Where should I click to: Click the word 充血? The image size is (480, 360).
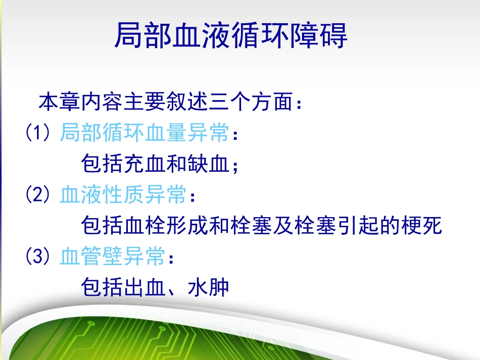point(145,164)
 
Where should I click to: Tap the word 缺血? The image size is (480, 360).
point(208,164)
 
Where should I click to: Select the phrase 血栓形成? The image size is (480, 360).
point(166,226)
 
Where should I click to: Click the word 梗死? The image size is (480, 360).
point(421,226)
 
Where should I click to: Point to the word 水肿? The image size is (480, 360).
point(208,288)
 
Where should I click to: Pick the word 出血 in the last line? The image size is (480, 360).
point(145,288)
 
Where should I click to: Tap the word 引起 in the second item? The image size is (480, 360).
point(357,226)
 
